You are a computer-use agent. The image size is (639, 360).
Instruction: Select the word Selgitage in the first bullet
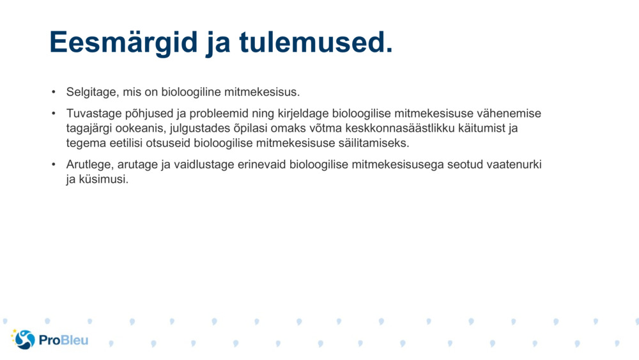pyautogui.click(x=89, y=92)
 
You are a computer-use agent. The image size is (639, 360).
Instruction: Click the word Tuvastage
pyautogui.click(x=92, y=114)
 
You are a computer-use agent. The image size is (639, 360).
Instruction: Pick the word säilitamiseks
pyautogui.click(x=373, y=143)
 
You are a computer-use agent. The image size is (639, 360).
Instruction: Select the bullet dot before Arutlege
pyautogui.click(x=54, y=164)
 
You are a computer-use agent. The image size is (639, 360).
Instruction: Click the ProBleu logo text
pyautogui.click(x=63, y=340)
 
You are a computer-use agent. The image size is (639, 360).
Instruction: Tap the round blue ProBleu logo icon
pyautogui.click(x=24, y=340)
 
